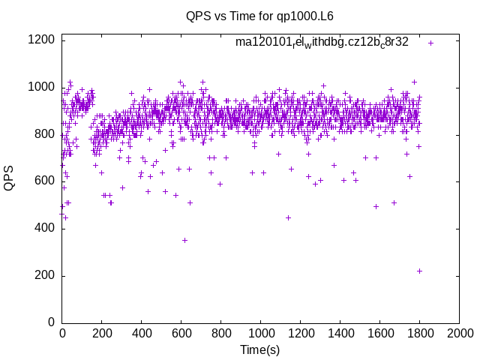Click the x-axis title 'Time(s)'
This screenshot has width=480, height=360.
point(259,349)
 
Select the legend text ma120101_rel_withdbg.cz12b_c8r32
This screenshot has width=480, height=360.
point(322,42)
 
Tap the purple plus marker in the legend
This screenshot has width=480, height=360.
point(430,43)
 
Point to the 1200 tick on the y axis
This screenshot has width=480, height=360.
point(40,40)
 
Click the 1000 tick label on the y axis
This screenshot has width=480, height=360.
point(40,87)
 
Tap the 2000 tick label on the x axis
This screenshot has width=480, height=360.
point(459,334)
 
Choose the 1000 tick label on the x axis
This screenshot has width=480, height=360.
point(260,334)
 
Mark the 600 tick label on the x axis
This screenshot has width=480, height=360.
point(181,334)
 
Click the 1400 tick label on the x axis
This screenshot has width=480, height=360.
point(340,334)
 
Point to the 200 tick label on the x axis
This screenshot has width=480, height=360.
point(101,334)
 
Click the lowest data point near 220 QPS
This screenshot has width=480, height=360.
point(419,271)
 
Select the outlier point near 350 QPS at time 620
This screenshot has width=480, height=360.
point(184,240)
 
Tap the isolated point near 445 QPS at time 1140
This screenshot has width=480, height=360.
point(288,217)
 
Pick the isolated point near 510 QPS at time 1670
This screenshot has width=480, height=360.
point(394,202)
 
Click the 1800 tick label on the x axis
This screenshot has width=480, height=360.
point(419,334)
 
